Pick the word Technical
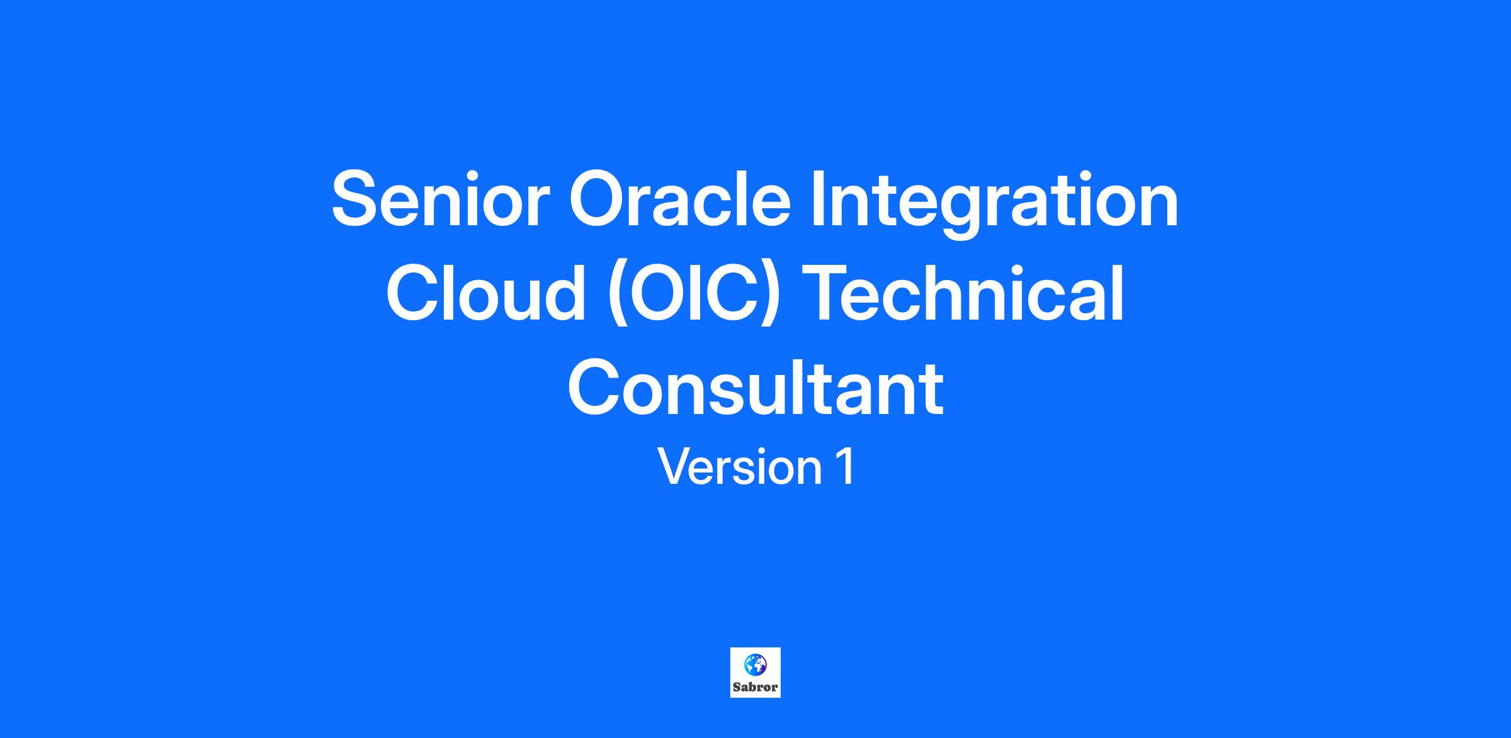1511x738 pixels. [x=964, y=291]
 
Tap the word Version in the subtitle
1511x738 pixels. [x=740, y=466]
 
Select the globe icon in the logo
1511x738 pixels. [x=756, y=664]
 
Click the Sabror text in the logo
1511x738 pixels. [x=756, y=687]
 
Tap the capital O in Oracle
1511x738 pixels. [x=600, y=198]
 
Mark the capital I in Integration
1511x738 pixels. [x=818, y=198]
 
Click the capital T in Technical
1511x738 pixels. [x=829, y=291]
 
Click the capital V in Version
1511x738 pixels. [x=676, y=466]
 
